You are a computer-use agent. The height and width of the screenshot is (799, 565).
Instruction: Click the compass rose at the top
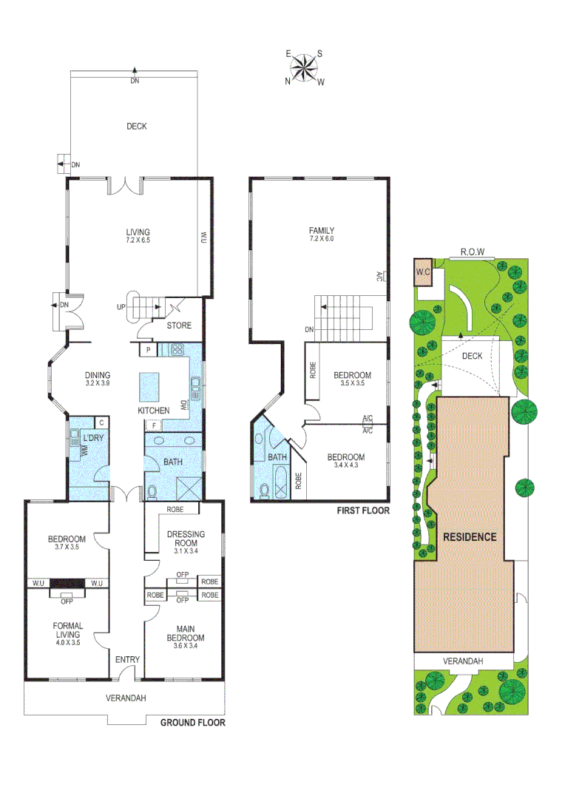click(x=304, y=68)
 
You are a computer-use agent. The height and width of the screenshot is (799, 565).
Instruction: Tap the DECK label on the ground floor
click(x=136, y=127)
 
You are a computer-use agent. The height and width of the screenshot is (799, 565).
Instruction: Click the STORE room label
click(x=178, y=326)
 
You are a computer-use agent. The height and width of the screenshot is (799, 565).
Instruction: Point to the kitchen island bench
click(x=149, y=385)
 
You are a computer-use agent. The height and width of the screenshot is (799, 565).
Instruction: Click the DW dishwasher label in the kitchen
click(x=183, y=405)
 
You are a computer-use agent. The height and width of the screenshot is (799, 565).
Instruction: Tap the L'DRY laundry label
click(x=93, y=438)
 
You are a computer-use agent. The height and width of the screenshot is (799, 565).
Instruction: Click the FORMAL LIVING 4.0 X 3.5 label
click(x=68, y=634)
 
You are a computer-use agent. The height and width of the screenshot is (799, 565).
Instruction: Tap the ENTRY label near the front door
click(x=126, y=658)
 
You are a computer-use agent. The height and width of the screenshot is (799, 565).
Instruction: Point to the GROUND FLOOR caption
click(x=192, y=723)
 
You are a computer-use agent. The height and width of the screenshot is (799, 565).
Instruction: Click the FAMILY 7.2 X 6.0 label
click(x=322, y=235)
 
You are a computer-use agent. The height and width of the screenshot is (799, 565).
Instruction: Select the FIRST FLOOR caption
click(x=362, y=511)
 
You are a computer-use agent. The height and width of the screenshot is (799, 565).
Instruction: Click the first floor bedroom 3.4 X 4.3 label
click(x=346, y=461)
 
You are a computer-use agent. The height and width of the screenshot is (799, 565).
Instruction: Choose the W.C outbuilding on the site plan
click(x=423, y=272)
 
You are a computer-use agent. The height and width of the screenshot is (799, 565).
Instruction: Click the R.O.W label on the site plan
click(x=472, y=252)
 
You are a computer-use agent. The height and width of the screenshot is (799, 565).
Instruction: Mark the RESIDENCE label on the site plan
click(x=470, y=537)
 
